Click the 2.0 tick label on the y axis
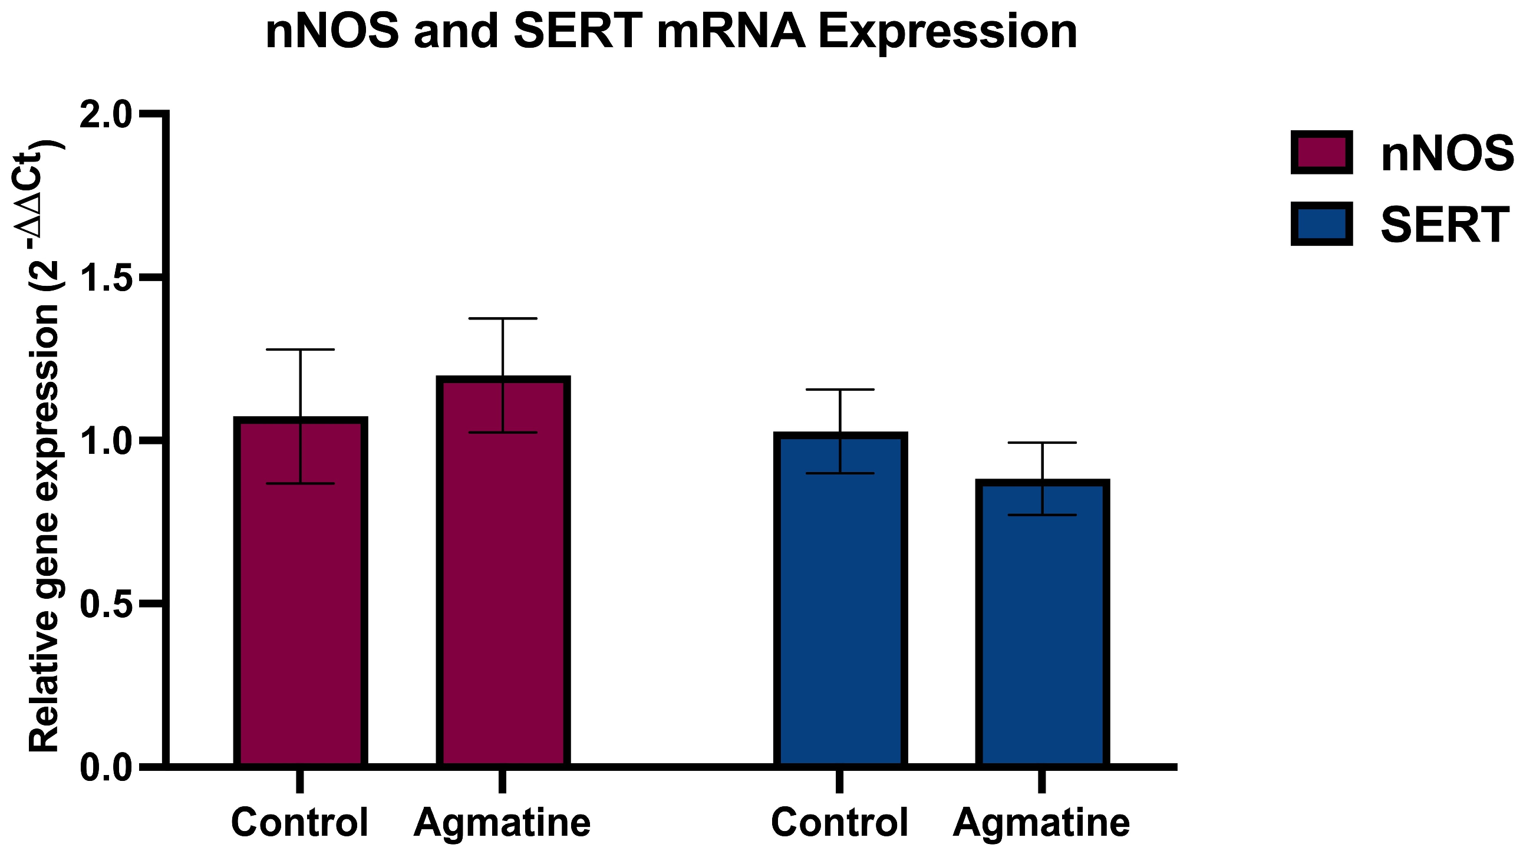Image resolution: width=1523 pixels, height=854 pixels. pyautogui.click(x=106, y=116)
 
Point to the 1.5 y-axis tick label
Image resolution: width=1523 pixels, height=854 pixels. pyautogui.click(x=106, y=278)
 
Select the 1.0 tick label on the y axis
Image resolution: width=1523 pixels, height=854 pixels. pyautogui.click(x=106, y=442)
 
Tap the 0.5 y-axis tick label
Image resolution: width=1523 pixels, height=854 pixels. pyautogui.click(x=106, y=605)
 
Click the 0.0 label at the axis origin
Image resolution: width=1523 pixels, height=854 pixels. pyautogui.click(x=106, y=769)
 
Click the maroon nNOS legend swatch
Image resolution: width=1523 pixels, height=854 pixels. pyautogui.click(x=1321, y=153)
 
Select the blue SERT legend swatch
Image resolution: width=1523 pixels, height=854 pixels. pyautogui.click(x=1321, y=224)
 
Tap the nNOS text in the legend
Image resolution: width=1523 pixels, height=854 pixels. pyautogui.click(x=1447, y=154)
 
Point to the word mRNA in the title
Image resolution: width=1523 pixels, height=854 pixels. pyautogui.click(x=731, y=32)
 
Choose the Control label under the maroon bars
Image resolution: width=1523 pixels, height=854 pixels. pyautogui.click(x=300, y=822)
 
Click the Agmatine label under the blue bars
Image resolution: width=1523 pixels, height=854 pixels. pyautogui.click(x=1041, y=822)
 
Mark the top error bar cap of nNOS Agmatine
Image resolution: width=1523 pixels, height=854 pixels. pyautogui.click(x=503, y=318)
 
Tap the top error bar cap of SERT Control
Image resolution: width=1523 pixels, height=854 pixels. pyautogui.click(x=839, y=390)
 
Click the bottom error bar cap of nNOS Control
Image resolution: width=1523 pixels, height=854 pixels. pyautogui.click(x=301, y=483)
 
